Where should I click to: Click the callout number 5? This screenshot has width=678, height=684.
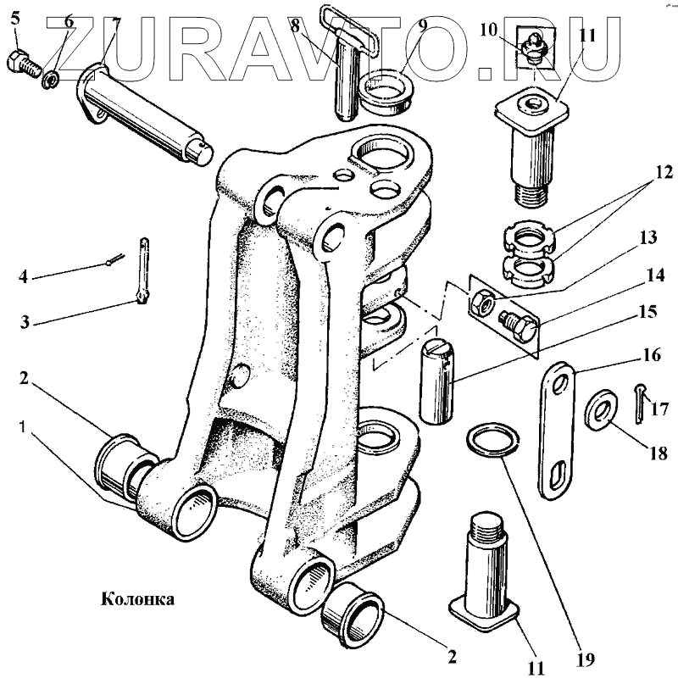(x=14, y=14)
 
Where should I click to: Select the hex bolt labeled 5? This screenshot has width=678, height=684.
(x=23, y=62)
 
